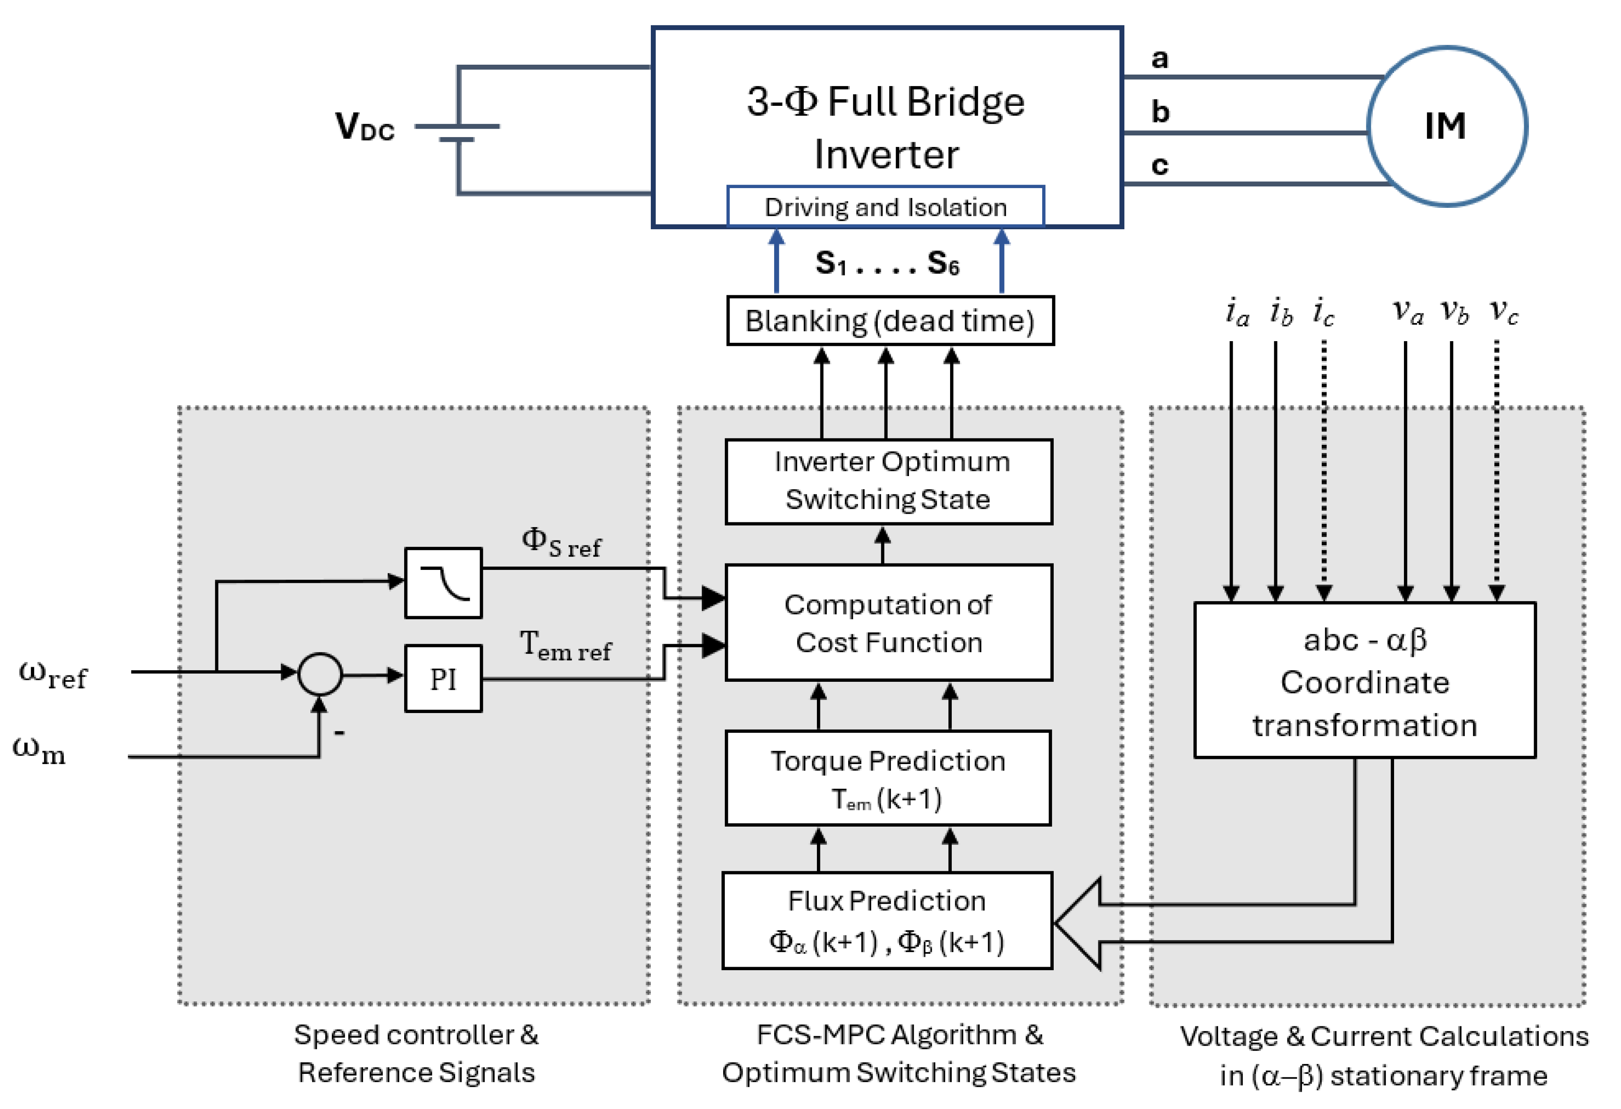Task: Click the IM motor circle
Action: coord(1447,126)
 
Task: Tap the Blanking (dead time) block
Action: coord(890,321)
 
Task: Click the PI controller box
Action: coord(443,678)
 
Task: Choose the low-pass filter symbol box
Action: coord(443,583)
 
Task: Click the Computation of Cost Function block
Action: coord(888,623)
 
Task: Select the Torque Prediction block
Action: coord(888,778)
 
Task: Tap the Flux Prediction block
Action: coord(887,920)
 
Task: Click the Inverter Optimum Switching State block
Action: coord(888,481)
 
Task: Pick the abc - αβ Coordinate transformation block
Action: coord(1364,680)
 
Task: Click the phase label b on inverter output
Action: coord(1160,112)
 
